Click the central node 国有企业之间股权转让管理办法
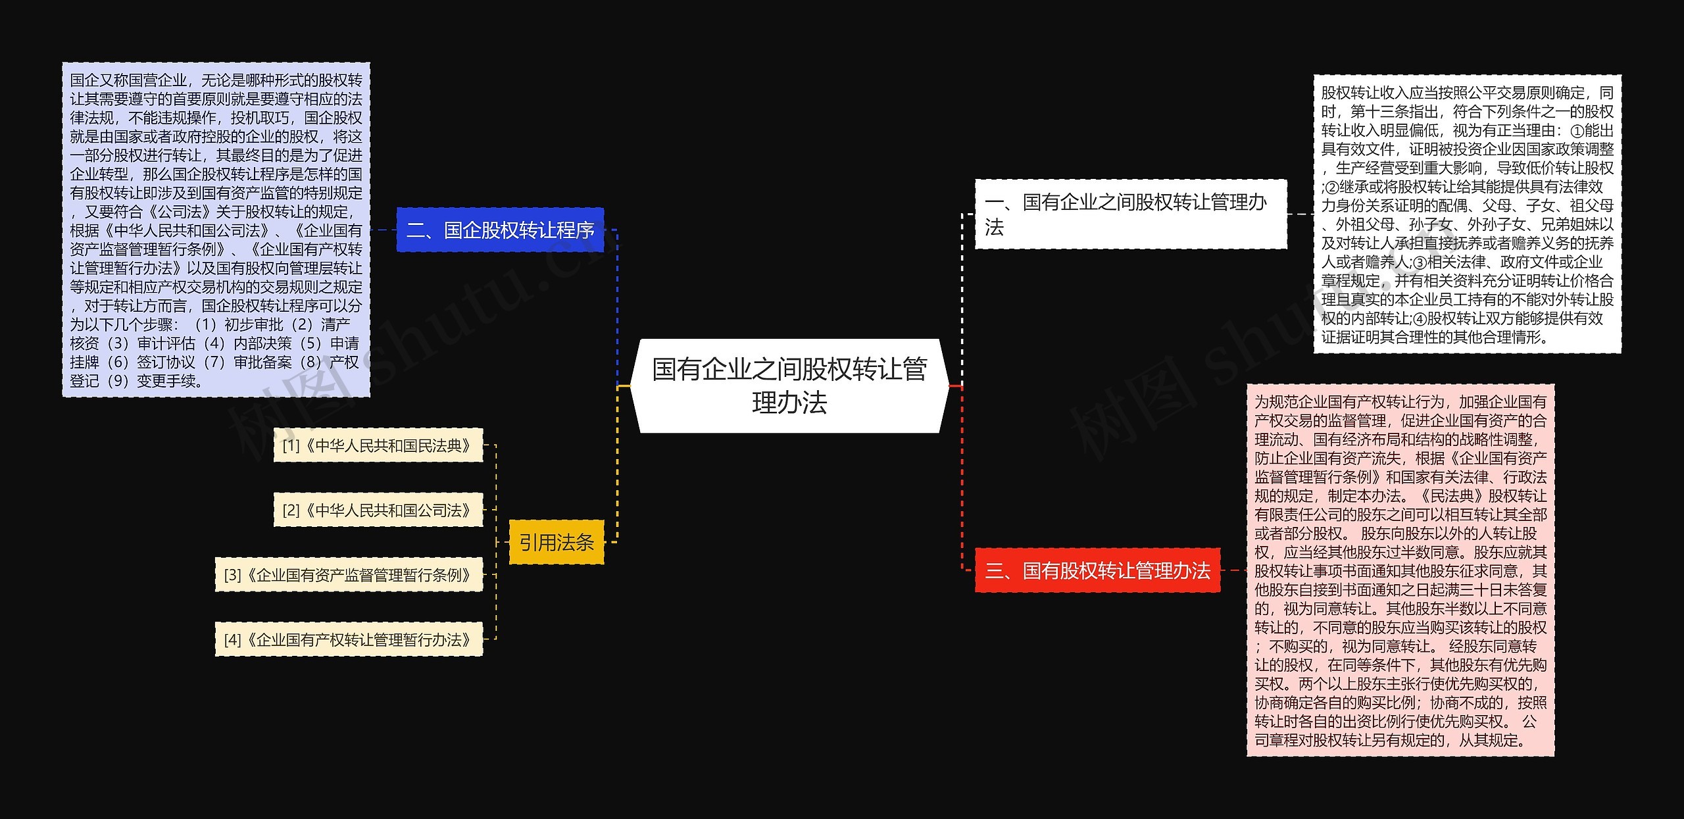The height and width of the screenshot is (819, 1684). click(789, 385)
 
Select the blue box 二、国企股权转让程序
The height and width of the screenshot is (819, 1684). click(500, 230)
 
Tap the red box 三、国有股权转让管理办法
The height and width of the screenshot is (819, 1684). click(1097, 570)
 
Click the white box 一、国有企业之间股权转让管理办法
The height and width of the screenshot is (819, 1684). click(1130, 214)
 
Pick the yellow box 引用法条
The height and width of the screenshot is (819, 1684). click(557, 542)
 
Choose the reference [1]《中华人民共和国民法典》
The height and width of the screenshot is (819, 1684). click(378, 445)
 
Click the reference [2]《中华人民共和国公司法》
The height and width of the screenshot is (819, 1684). click(378, 510)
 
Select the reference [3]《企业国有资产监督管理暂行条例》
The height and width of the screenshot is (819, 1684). click(349, 574)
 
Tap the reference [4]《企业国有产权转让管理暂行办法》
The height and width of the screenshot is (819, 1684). click(349, 639)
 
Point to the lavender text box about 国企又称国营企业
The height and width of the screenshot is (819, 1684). click(216, 230)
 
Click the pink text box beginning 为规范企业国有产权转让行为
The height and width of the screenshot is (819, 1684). click(1400, 570)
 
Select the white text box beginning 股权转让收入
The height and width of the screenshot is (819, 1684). click(1467, 214)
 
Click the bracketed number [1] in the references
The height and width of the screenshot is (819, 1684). click(291, 445)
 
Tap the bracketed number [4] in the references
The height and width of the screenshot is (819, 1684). click(232, 639)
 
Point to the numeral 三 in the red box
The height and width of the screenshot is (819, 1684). click(995, 570)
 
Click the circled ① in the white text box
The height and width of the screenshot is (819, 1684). click(1575, 130)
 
